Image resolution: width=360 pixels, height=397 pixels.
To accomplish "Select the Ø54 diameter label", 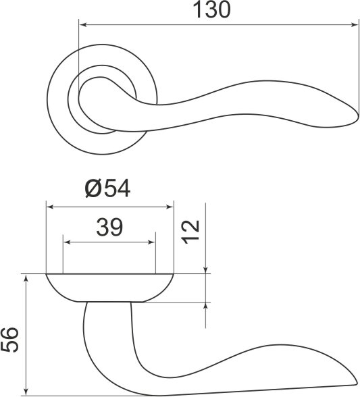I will pyautogui.click(x=108, y=188).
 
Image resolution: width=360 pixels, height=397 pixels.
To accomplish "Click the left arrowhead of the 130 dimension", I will pyautogui.click(x=82, y=26).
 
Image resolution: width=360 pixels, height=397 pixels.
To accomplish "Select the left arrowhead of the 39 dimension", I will pyautogui.click(x=66, y=241).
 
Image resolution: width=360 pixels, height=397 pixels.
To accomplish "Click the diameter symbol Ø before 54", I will pyautogui.click(x=94, y=188).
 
